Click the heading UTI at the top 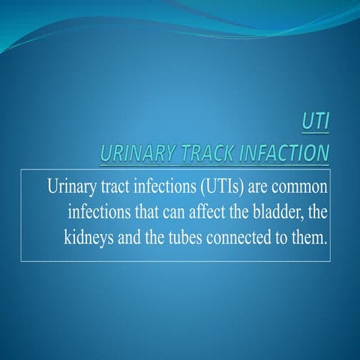click(x=313, y=121)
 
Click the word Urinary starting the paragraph click(x=71, y=185)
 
